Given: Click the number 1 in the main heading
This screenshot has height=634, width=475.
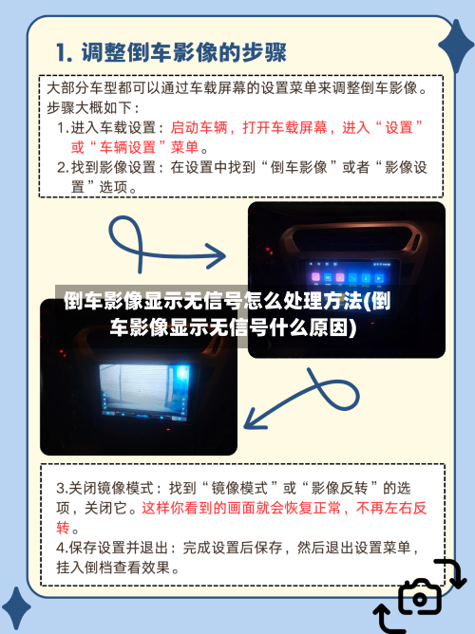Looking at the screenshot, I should click(x=64, y=50).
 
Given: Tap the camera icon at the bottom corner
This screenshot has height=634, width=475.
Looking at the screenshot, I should click(x=419, y=597).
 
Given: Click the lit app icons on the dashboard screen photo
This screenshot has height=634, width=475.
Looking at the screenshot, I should click(x=346, y=276).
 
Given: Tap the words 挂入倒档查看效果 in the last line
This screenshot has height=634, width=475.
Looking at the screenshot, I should click(x=119, y=568).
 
